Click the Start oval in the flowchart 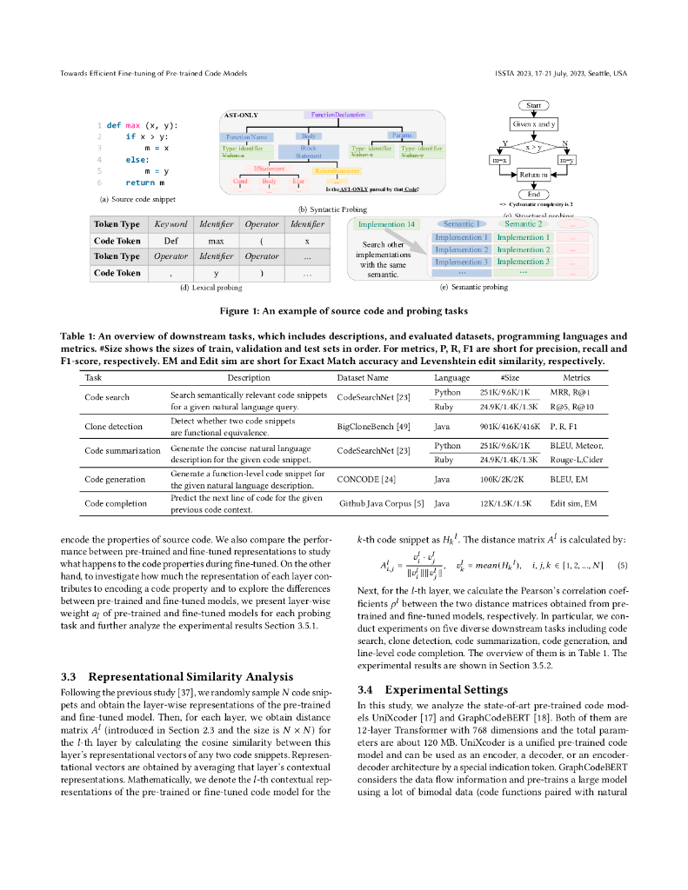coord(534,105)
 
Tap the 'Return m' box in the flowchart coord(533,175)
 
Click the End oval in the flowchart coord(533,195)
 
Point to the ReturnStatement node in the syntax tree coord(337,171)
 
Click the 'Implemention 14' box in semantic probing coord(387,224)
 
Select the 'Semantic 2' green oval coord(522,224)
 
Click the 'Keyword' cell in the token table coord(170,224)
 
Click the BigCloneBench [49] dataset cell coord(375,427)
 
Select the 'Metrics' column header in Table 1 coord(576,378)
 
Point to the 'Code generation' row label coord(113,479)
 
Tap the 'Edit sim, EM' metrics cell coord(573,503)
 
